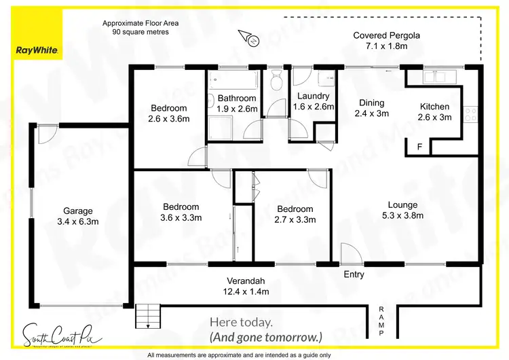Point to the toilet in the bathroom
[x=276, y=82]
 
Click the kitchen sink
[x=434, y=76]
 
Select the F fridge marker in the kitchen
[x=419, y=147]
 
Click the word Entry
[x=354, y=274]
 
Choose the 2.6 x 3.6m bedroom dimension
[x=169, y=119]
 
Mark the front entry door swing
[x=351, y=254]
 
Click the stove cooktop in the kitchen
[x=470, y=113]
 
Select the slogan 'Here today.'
[x=242, y=322]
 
